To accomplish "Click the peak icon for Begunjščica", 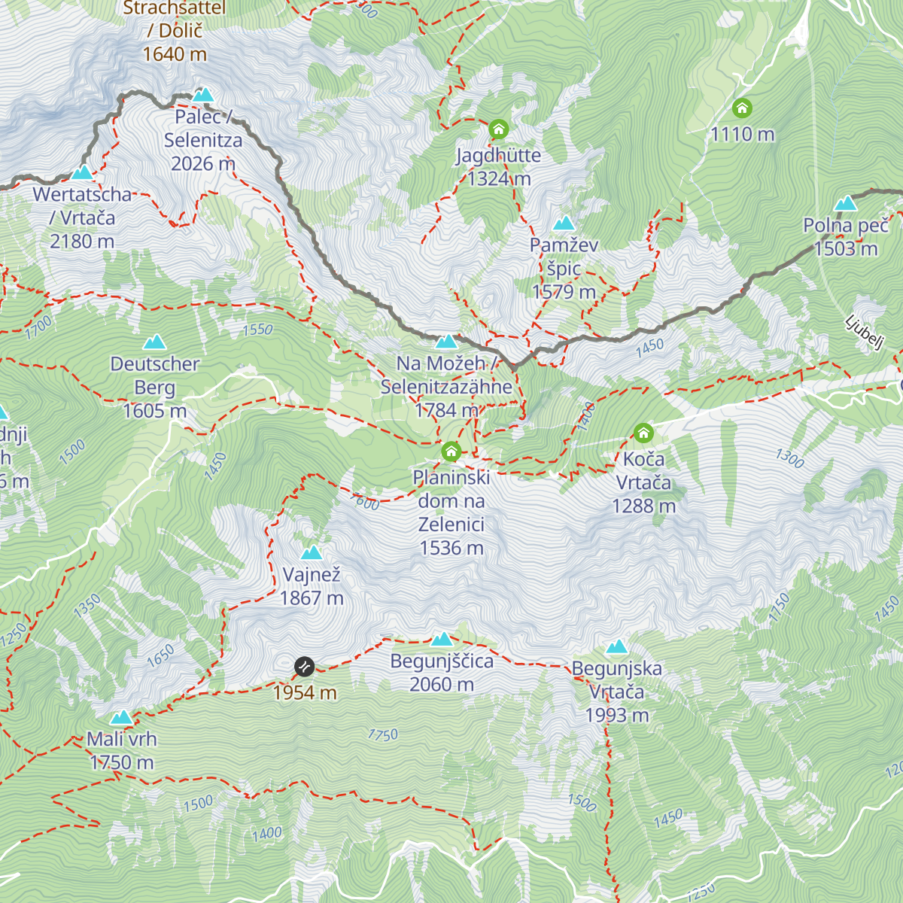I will point(442,640).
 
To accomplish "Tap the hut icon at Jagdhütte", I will point(498,129).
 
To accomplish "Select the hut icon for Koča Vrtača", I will point(643,433).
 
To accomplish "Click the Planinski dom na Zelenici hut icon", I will point(451,451).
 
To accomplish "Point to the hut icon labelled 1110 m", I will point(742,108).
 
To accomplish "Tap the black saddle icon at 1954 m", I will point(304,666).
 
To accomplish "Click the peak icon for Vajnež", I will point(312,553).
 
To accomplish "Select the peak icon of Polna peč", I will point(846,204).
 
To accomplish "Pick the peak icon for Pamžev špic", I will point(564,223).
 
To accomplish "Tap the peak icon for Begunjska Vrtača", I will point(616,647).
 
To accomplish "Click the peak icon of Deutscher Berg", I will point(155,342).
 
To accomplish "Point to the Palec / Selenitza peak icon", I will point(202,95).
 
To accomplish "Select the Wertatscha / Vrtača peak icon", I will point(82,172).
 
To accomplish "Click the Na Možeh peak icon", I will point(446,342).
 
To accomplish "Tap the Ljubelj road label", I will point(864,333).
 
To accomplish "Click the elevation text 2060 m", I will point(442,685).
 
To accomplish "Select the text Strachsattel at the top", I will point(174,8).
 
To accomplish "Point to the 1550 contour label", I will point(257,330).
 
